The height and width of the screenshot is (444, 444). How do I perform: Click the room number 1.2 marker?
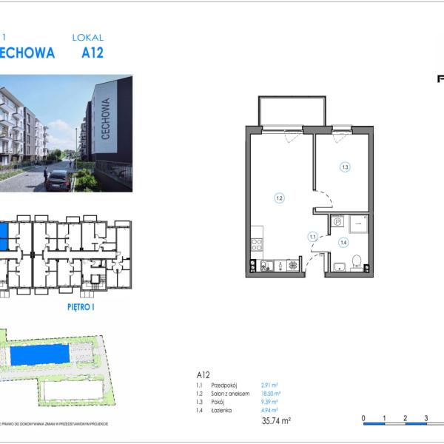pos(279,198)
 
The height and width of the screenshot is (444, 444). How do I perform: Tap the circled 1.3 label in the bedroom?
pos(345,167)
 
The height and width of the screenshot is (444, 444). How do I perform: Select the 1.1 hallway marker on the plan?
pos(313,237)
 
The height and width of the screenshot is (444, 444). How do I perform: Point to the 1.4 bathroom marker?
pos(343,242)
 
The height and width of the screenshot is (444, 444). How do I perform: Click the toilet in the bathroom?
pos(357,262)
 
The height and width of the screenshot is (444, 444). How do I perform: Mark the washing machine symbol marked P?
pos(337,221)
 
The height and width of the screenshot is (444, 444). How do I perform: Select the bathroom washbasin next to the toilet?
pos(340,267)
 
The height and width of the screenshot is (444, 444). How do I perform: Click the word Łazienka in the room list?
pos(224,410)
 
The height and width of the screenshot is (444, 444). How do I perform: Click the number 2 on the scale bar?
pos(405,419)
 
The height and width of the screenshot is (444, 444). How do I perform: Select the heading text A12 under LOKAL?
pos(92,53)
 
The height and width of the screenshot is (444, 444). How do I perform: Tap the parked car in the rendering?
pos(58,180)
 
